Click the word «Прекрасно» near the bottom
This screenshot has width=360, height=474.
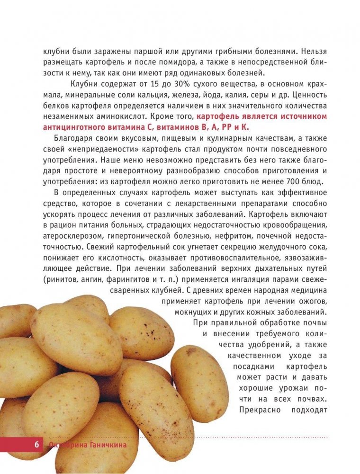pos(259,409)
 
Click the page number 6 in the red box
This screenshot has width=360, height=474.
pos(36,445)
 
